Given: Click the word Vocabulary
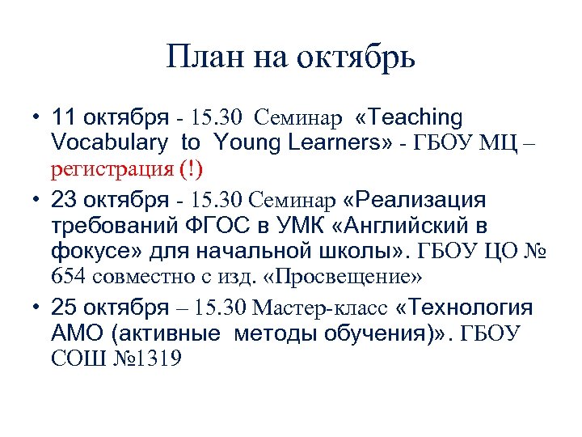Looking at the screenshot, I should point(111,143).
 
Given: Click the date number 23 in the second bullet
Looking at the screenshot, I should point(64,198).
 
